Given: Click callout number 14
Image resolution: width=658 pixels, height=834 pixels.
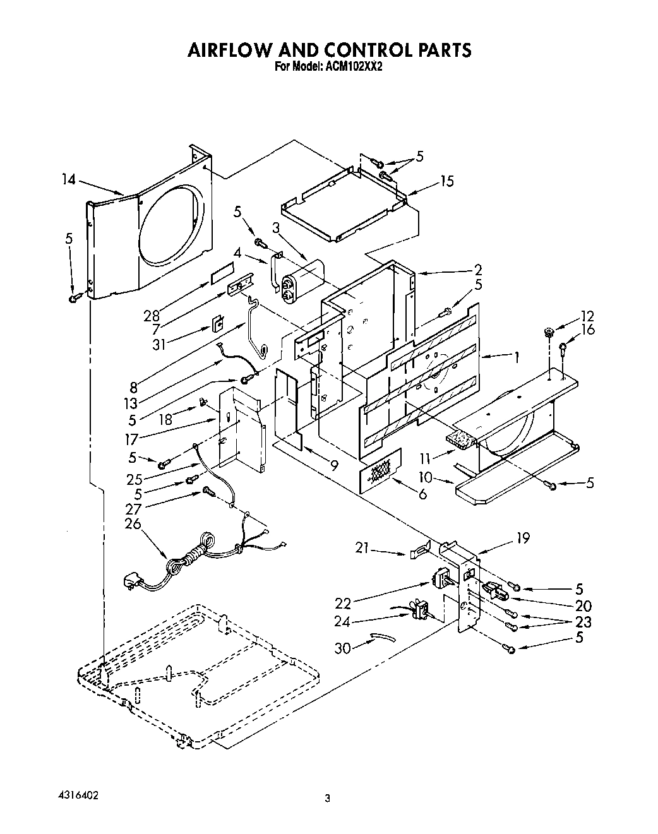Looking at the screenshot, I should [68, 180].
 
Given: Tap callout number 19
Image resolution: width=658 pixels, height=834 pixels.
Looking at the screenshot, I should [522, 538].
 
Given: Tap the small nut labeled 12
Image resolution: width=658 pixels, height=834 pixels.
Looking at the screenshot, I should [548, 331].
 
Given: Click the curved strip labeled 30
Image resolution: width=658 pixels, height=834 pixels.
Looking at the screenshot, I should [381, 638].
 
